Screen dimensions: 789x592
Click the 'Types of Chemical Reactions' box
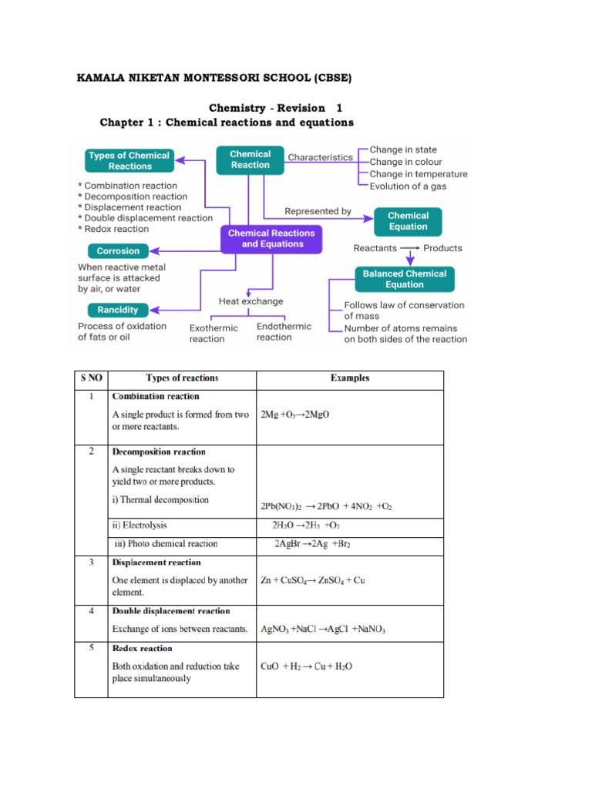click(x=128, y=160)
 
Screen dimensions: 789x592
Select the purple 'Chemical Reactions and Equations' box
click(x=272, y=238)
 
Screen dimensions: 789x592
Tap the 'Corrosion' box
click(x=118, y=250)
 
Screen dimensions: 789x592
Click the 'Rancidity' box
click(x=117, y=310)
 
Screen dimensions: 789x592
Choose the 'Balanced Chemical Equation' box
click(x=404, y=279)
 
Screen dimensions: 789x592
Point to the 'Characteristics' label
click(x=320, y=157)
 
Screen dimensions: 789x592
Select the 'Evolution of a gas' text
click(x=408, y=186)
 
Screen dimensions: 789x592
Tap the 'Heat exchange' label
click(x=251, y=301)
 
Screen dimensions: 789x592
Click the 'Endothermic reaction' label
click(x=284, y=332)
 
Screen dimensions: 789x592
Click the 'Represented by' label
click(x=318, y=211)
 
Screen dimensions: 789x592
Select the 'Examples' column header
click(x=350, y=378)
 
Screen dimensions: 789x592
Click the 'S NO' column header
click(x=91, y=378)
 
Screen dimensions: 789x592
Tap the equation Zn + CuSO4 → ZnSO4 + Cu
click(x=313, y=580)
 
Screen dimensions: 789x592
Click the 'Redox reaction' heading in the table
click(x=143, y=649)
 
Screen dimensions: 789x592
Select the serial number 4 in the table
click(x=91, y=611)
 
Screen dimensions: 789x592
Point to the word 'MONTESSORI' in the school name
click(x=224, y=79)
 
